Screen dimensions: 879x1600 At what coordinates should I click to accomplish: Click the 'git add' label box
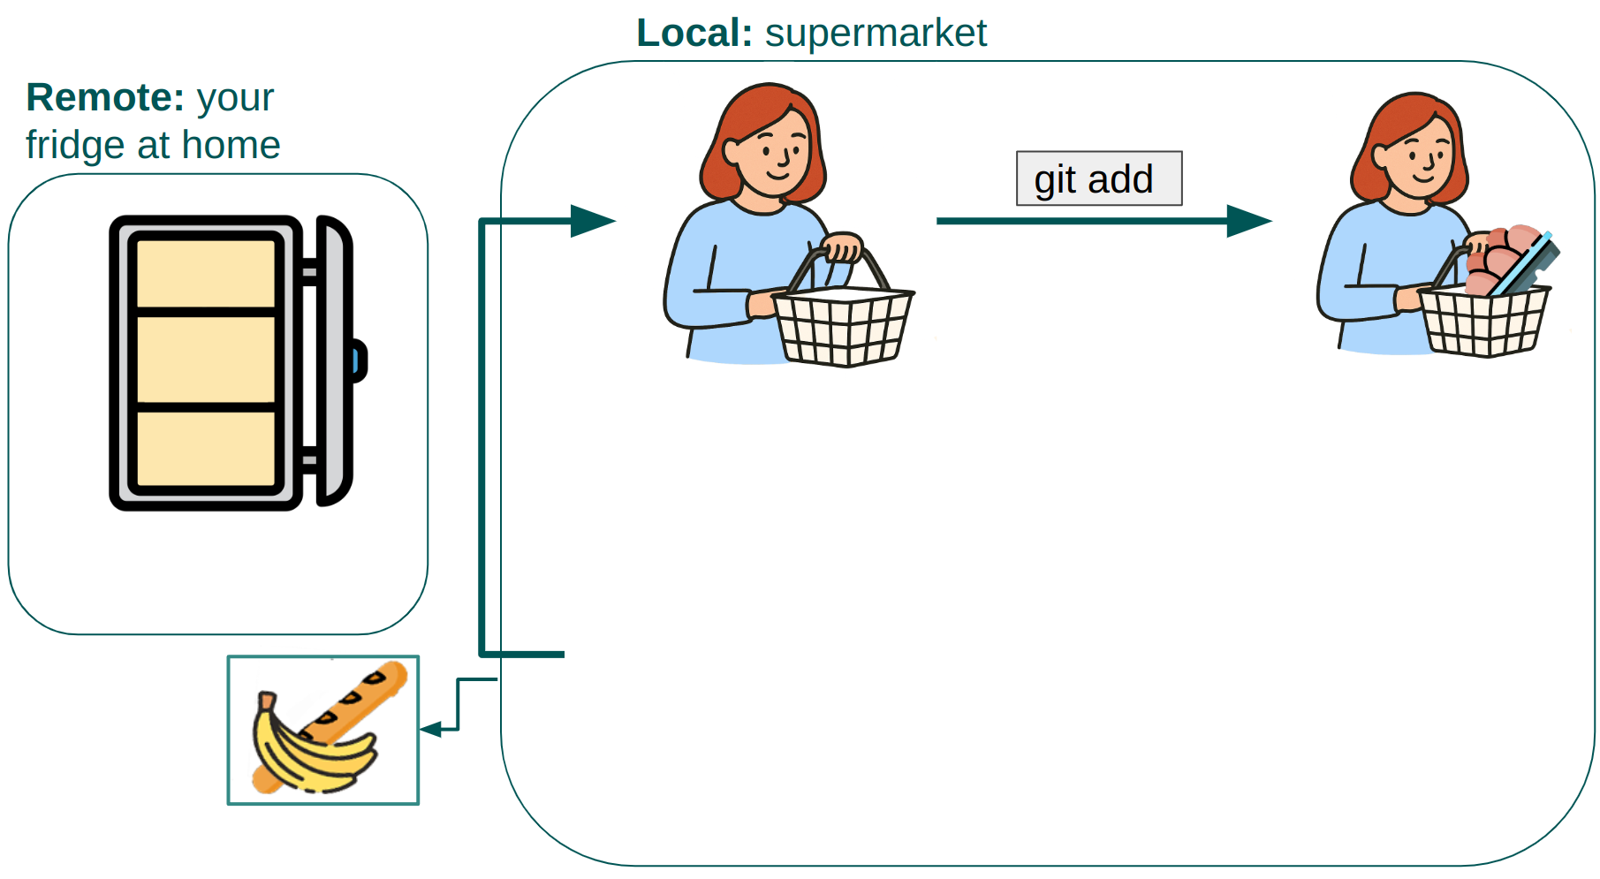1098,178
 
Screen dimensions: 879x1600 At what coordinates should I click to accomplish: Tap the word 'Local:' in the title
694,34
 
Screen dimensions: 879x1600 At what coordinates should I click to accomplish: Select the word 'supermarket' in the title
876,34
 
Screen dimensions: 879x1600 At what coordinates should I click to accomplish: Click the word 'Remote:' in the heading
105,97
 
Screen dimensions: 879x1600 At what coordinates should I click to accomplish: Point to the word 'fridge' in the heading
73,146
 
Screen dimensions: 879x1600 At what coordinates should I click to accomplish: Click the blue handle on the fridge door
357,361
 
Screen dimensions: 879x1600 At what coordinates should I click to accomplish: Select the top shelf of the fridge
206,274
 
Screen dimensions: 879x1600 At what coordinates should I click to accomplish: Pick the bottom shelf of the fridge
206,449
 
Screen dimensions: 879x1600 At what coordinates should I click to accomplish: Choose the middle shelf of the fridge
206,360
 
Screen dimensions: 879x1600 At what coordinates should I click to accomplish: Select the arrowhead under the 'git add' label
1248,221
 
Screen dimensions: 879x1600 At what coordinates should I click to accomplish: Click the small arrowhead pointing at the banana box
431,729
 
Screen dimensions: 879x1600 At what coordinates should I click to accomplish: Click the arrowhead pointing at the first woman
592,221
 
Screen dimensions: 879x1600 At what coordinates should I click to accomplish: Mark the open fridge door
334,361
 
